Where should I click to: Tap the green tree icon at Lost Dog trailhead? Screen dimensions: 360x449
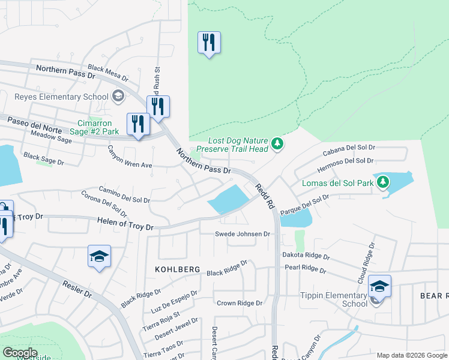(277, 143)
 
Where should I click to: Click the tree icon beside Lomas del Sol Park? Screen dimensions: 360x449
(382, 181)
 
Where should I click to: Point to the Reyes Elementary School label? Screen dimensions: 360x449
(61, 97)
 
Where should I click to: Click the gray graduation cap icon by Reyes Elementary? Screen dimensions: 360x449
(118, 96)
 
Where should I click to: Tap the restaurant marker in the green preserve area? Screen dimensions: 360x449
(209, 43)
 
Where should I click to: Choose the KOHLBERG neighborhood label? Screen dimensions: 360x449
(178, 270)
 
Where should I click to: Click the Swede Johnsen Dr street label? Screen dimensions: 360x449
(243, 234)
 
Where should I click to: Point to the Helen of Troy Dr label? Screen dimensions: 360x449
(125, 224)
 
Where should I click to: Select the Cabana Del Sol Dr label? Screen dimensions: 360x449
(349, 149)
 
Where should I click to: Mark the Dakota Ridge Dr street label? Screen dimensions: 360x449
(306, 256)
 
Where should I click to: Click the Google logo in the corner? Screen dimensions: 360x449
(20, 353)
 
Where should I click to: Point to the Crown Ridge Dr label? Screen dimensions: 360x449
(240, 303)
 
